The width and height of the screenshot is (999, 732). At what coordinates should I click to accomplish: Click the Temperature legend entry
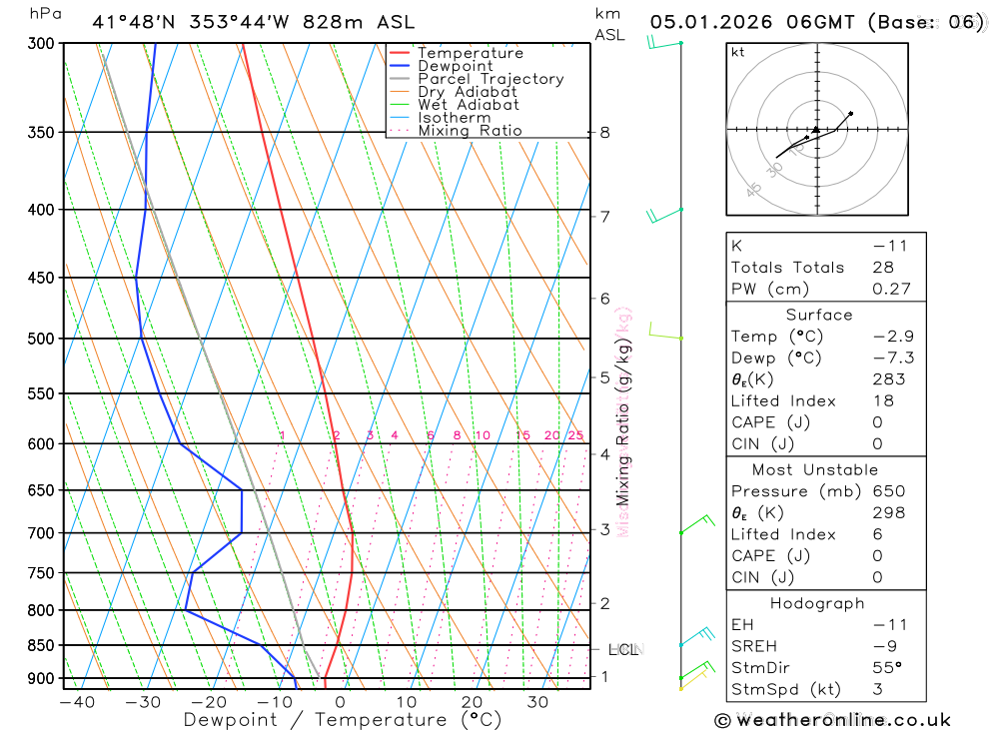click(470, 53)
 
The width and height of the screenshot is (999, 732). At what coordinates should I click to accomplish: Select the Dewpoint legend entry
click(456, 66)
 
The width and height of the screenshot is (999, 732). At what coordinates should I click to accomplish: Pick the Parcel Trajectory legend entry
click(491, 79)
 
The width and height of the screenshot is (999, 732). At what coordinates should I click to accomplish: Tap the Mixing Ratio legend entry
click(470, 131)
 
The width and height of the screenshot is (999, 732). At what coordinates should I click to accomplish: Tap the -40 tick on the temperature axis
click(77, 702)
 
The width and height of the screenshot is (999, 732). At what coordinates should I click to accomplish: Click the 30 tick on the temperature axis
click(537, 702)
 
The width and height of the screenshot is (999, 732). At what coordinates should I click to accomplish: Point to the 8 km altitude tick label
click(604, 132)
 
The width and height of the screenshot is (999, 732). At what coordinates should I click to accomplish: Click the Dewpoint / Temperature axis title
click(342, 720)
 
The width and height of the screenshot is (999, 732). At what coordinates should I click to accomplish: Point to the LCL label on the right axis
click(623, 650)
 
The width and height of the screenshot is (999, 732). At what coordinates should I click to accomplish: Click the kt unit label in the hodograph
click(738, 52)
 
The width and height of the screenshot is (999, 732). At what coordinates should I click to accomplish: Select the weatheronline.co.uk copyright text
click(833, 720)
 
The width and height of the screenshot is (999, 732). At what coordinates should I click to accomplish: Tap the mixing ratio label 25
click(575, 435)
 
